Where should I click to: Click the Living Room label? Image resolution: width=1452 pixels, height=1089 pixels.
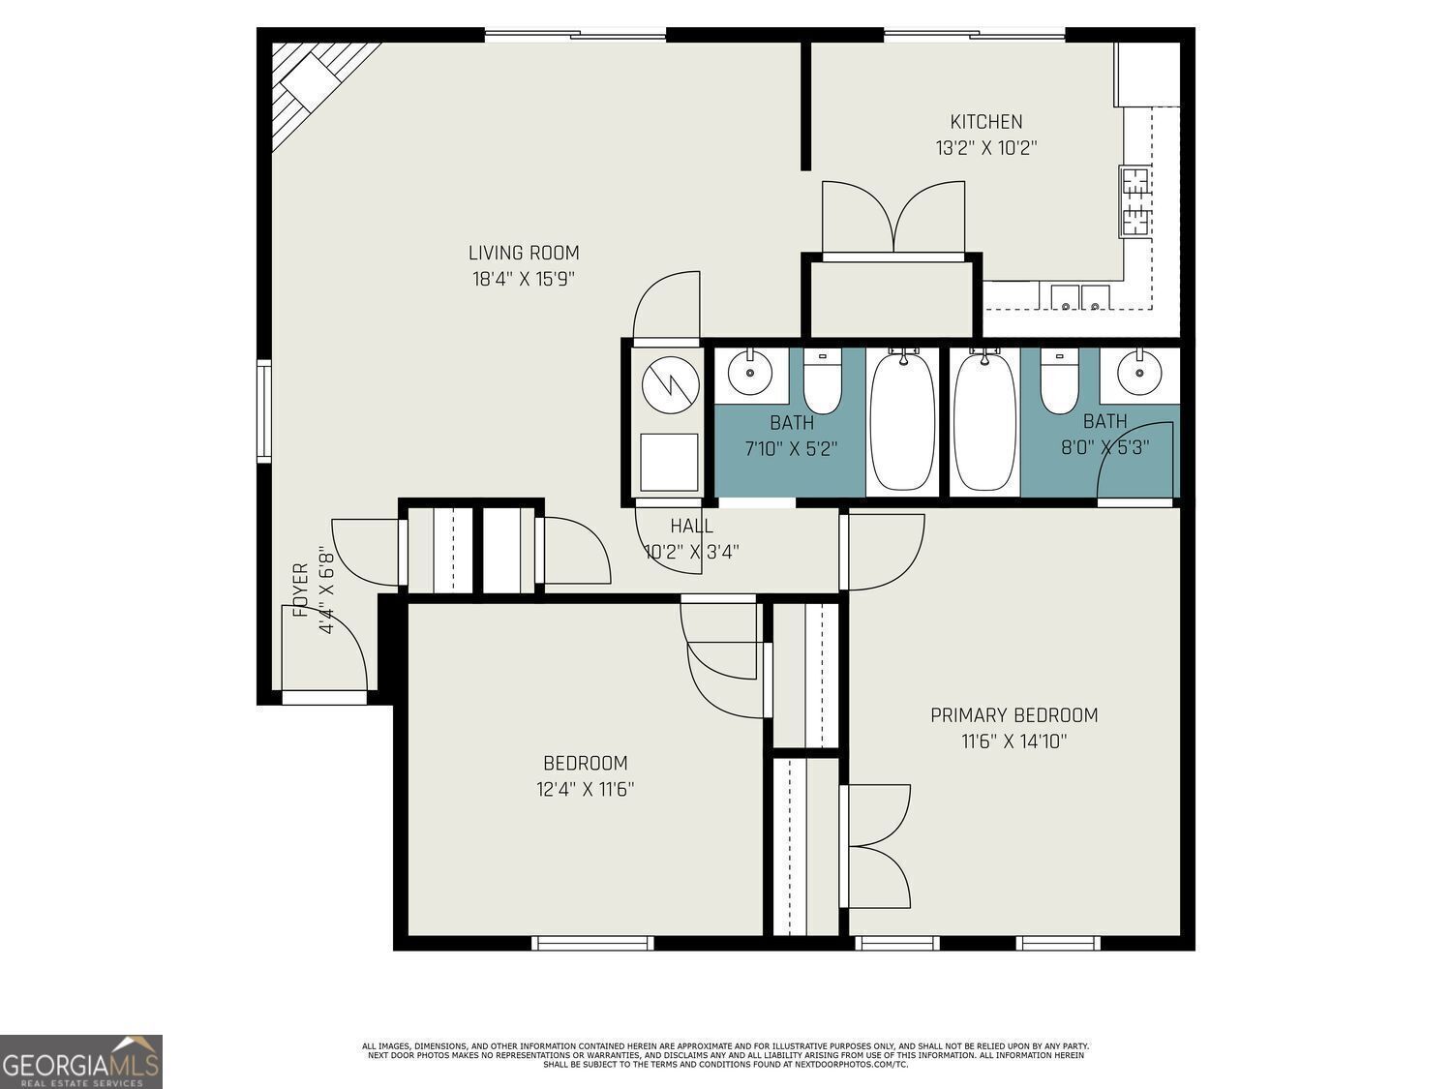coord(524,253)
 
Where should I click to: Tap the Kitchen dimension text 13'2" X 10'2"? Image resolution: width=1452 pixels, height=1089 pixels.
coord(985,147)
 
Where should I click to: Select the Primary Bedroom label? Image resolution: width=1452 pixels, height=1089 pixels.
coord(1014,714)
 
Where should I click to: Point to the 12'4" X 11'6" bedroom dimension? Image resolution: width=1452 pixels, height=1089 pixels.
coord(586,789)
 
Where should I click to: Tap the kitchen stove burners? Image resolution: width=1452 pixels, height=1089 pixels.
coord(1135,201)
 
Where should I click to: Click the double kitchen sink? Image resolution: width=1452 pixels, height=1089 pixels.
coord(1079,297)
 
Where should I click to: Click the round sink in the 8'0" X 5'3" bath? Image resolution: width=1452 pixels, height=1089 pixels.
coord(1139,374)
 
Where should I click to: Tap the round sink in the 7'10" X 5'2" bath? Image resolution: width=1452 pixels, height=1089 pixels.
coord(749,373)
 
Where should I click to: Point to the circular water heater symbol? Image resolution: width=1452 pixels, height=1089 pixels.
coord(670,385)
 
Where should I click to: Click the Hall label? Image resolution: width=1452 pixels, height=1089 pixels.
coord(691,526)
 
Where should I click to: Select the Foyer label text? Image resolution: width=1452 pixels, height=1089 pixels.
coord(301,590)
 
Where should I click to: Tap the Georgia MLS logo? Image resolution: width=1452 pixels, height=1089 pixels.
coord(80,1061)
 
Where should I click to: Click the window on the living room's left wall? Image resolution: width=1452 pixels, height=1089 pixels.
coord(264,410)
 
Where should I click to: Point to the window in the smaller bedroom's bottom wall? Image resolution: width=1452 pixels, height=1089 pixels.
coord(592,943)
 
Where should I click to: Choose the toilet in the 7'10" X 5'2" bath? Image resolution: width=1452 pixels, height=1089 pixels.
coord(822,381)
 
